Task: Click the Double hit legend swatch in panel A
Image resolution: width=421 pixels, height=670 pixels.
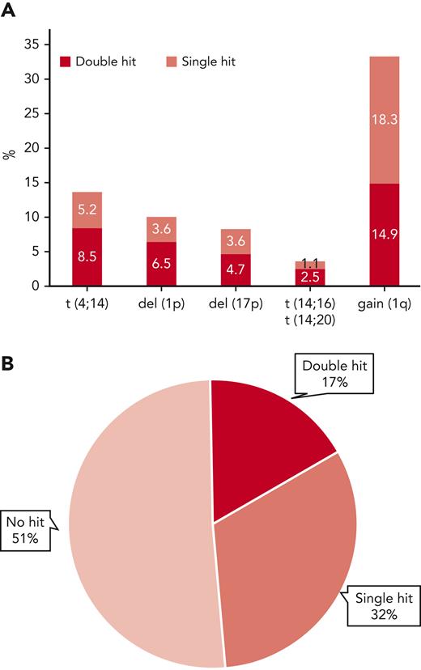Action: click(x=65, y=61)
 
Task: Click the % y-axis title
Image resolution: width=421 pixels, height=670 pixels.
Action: click(x=10, y=153)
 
